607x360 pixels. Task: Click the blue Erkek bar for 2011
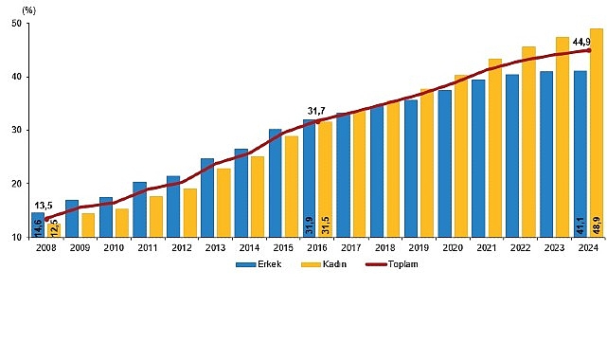pos(139,209)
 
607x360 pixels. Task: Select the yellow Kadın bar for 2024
pos(597,133)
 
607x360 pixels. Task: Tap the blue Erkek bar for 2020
pos(444,163)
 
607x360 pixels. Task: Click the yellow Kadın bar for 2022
pos(528,141)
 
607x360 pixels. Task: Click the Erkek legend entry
pos(253,264)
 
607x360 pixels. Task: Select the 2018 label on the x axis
pos(384,249)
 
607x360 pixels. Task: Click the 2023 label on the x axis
pos(555,249)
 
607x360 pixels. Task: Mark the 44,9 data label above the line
pos(584,41)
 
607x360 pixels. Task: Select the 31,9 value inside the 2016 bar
pos(308,225)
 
